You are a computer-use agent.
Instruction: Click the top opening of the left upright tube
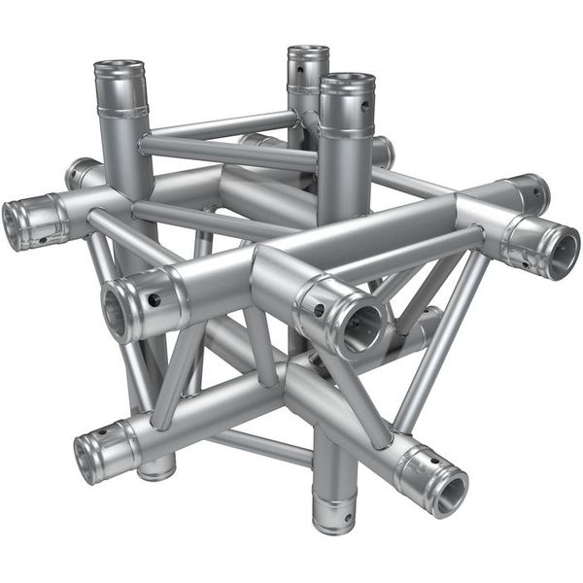[119, 70]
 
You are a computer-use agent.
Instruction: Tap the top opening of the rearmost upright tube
[308, 52]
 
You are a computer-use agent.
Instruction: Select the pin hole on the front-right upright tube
[366, 108]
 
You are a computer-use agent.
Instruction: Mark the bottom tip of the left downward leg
[155, 472]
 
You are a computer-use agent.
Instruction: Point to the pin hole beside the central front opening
[319, 311]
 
